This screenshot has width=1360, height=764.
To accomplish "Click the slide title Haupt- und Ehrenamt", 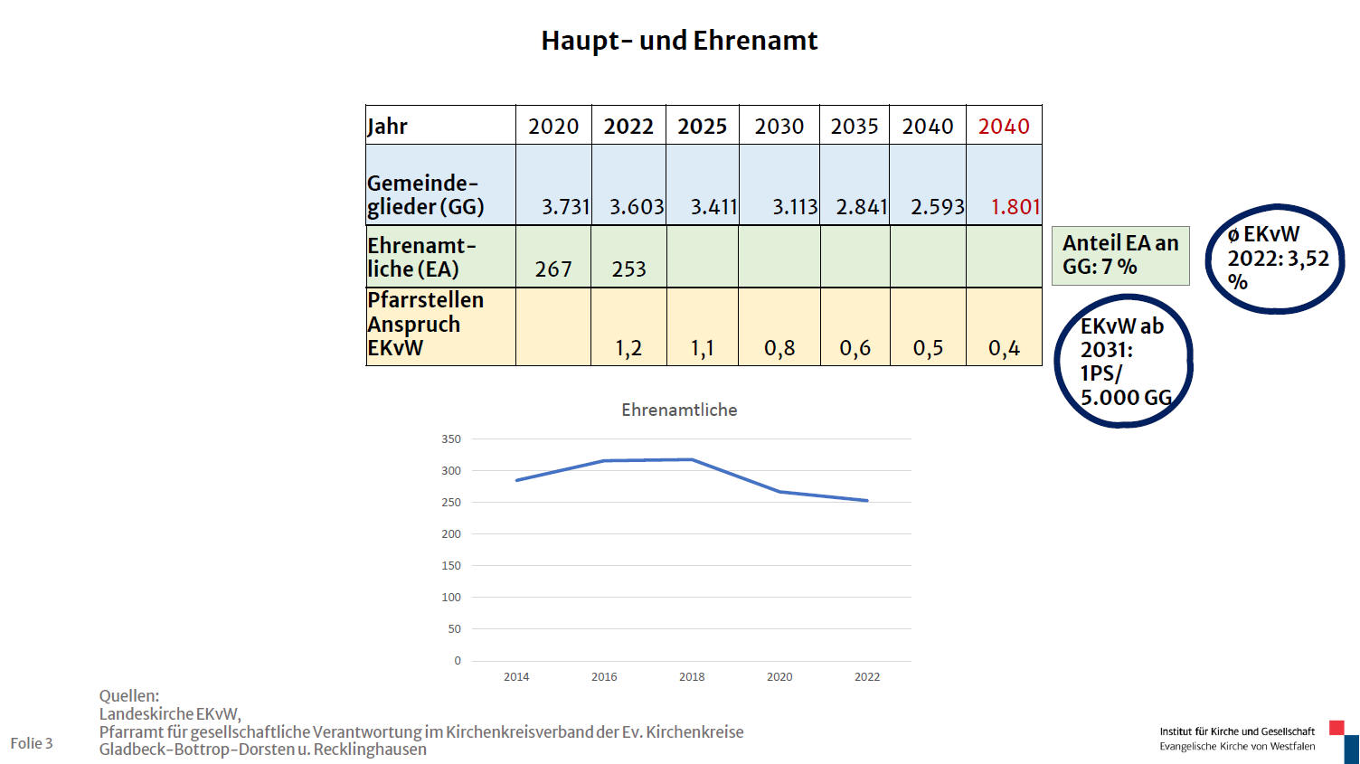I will tap(679, 41).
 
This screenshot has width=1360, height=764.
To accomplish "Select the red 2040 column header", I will tap(1004, 127).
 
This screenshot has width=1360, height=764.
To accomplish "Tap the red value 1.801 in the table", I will tap(1015, 207).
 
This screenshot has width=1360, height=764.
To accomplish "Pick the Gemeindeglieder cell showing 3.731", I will tap(565, 207).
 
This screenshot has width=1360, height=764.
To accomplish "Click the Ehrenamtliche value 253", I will tap(628, 269).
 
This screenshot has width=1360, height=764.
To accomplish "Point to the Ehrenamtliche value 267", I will tap(553, 269).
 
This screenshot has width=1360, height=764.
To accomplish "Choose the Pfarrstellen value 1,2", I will tap(628, 348).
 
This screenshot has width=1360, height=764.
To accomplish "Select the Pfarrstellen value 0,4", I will tap(1004, 348).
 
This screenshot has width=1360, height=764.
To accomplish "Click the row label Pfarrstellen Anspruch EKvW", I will tap(426, 325).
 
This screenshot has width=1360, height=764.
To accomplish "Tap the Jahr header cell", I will tap(388, 127).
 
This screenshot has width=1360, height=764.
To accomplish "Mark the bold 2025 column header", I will tap(703, 127).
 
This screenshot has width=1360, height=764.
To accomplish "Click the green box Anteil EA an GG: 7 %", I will tap(1120, 255).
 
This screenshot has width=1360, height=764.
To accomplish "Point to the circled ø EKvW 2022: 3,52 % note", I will tap(1276, 259).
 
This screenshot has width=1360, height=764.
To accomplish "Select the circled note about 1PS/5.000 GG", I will tap(1124, 362).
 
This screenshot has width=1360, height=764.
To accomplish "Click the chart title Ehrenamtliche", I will tap(679, 410).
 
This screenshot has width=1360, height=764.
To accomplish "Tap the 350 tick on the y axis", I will tap(451, 439).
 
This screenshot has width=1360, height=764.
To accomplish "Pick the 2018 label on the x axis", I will tap(692, 676).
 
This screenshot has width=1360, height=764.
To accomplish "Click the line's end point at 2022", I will tap(867, 501).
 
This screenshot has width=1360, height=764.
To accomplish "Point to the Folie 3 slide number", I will tap(32, 743).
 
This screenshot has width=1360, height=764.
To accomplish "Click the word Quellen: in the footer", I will tap(129, 696).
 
